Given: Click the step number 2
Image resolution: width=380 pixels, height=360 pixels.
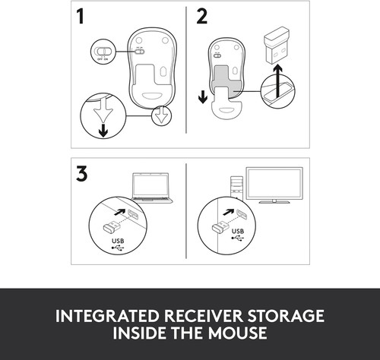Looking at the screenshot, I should pyautogui.click(x=201, y=17).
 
